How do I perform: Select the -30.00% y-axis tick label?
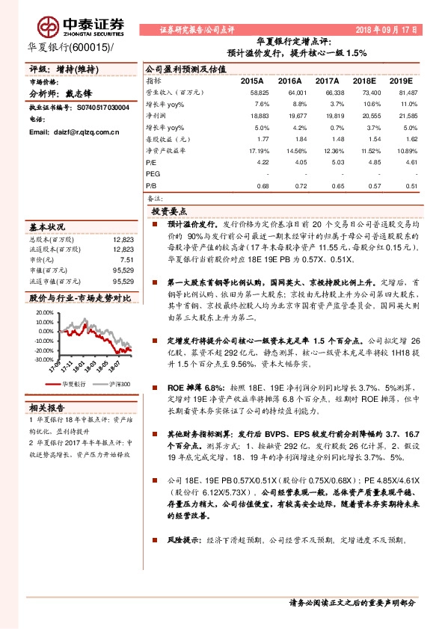coord(43,359)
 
